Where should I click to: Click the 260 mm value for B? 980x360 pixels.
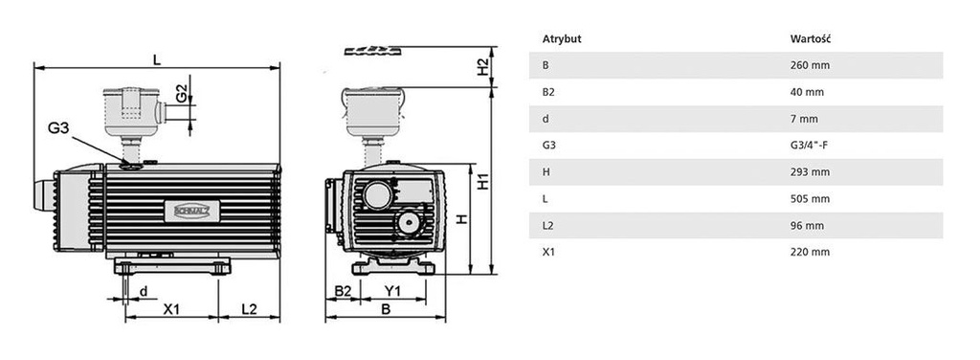click(809, 65)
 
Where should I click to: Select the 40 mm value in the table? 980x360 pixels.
click(806, 92)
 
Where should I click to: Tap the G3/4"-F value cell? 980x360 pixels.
click(811, 146)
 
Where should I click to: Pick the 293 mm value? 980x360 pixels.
click(809, 172)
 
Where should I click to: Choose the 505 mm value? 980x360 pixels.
click(809, 199)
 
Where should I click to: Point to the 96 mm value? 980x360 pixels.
click(806, 225)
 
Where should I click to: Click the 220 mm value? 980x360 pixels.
click(809, 252)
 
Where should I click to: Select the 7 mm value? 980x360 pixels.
click(803, 119)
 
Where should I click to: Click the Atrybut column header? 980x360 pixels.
click(562, 39)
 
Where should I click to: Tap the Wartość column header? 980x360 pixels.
click(809, 39)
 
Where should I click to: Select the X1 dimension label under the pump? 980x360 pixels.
click(173, 309)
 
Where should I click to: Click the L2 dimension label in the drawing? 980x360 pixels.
click(249, 309)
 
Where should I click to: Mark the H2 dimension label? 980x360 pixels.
click(483, 67)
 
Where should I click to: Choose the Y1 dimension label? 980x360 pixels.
click(392, 290)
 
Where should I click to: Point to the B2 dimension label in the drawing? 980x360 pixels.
click(342, 290)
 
